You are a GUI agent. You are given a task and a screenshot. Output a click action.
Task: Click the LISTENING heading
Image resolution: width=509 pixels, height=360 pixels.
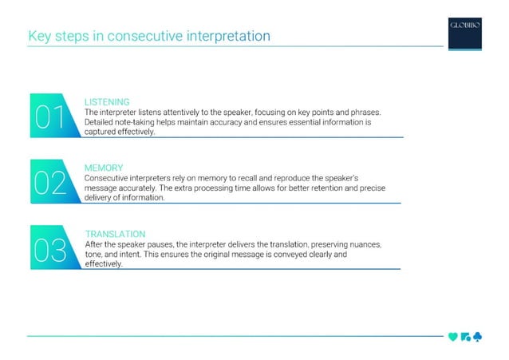107,102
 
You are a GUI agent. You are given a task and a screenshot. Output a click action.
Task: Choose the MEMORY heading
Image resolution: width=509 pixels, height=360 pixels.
104,168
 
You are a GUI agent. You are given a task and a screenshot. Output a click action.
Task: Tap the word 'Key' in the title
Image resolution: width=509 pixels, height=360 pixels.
39,36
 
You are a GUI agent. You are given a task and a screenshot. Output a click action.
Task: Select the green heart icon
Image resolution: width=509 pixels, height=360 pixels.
452,336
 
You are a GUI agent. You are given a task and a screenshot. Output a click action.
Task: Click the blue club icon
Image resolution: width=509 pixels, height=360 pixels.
476,336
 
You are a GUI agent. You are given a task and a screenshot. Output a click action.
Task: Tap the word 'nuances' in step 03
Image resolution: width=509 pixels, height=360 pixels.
365,244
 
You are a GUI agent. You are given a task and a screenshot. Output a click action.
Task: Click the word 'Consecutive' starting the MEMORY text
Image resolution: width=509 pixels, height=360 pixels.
109,177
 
